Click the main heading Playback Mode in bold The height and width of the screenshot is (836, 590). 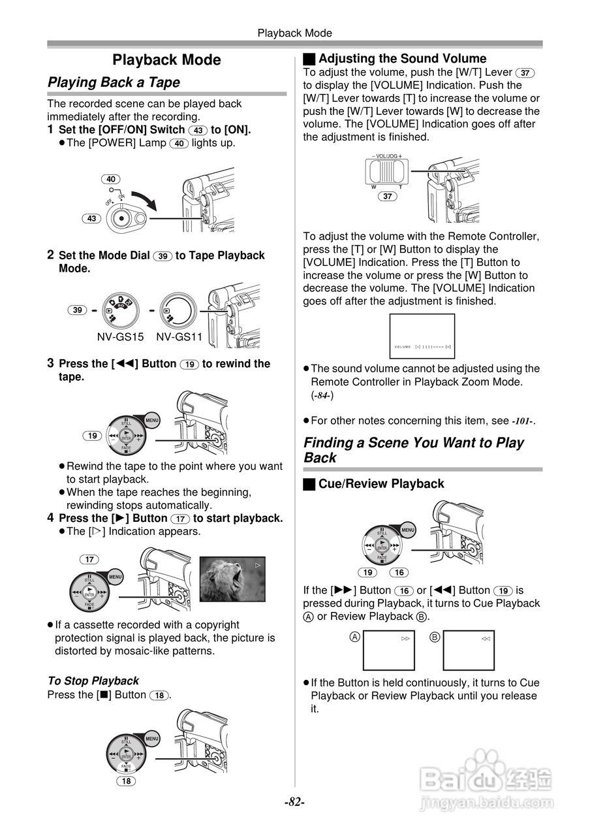point(166,60)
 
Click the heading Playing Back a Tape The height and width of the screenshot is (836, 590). point(114,82)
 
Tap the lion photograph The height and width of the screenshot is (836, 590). point(232,579)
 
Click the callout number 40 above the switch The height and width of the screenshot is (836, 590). point(112,179)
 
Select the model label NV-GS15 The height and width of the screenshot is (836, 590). point(120,337)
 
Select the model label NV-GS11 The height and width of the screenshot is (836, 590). point(179,337)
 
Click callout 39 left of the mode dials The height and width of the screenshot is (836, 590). point(78,310)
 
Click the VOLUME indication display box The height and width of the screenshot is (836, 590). point(422,336)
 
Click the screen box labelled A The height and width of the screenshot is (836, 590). point(390,651)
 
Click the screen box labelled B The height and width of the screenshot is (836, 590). point(469,651)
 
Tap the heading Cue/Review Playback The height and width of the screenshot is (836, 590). point(380,484)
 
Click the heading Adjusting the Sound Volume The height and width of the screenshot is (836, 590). point(402,58)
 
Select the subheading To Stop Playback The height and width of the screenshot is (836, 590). point(93,681)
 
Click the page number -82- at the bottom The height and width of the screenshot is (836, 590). point(294,801)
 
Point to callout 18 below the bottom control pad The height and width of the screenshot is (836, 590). point(126,781)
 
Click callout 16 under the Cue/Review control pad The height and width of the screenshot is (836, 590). point(399,572)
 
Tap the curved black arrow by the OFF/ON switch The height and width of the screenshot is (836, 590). point(145,199)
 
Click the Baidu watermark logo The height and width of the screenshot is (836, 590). point(486,777)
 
